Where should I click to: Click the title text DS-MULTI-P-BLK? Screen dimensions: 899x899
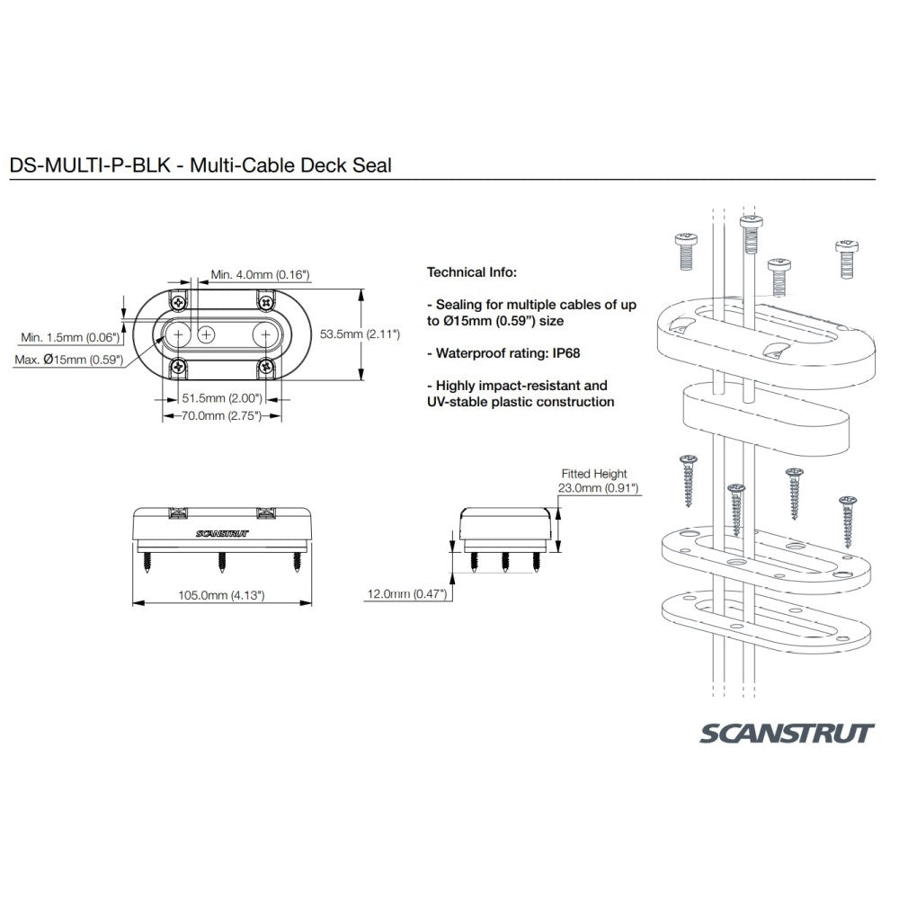pos(85,166)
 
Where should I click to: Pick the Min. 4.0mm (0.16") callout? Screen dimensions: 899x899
pos(261,274)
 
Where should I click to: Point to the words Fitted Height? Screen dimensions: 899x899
pos(593,474)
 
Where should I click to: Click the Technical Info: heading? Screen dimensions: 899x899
pos(472,271)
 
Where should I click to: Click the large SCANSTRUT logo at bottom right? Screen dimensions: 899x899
pos(786,733)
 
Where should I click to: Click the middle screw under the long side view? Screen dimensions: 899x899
pos(221,563)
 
